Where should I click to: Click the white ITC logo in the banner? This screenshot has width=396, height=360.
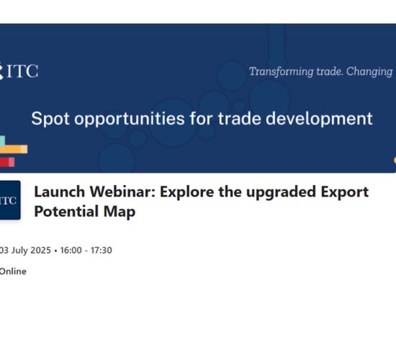coord(19,71)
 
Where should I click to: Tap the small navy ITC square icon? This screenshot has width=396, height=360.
coord(10,200)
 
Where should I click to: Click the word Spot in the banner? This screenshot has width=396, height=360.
coord(50,119)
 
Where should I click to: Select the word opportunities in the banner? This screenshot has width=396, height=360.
coord(130,119)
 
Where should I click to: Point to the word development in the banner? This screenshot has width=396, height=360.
coord(319,119)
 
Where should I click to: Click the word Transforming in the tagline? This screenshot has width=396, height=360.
coord(281,71)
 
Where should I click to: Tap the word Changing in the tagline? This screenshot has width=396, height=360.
coord(369,72)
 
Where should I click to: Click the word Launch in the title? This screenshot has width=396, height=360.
coord(60,192)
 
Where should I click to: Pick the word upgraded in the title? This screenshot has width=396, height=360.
coord(281,192)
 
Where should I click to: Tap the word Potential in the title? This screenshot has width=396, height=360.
coord(66,211)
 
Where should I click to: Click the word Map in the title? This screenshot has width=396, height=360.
coord(120,212)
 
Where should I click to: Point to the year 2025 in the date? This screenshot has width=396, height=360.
coord(40,250)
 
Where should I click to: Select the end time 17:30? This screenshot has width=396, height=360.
coord(102,250)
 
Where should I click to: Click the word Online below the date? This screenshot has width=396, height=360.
coord(13,271)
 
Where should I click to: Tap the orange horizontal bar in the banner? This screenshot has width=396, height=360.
coord(14,149)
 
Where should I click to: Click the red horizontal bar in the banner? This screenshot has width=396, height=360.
coord(7,162)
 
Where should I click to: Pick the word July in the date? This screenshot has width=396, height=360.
coord(19,251)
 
